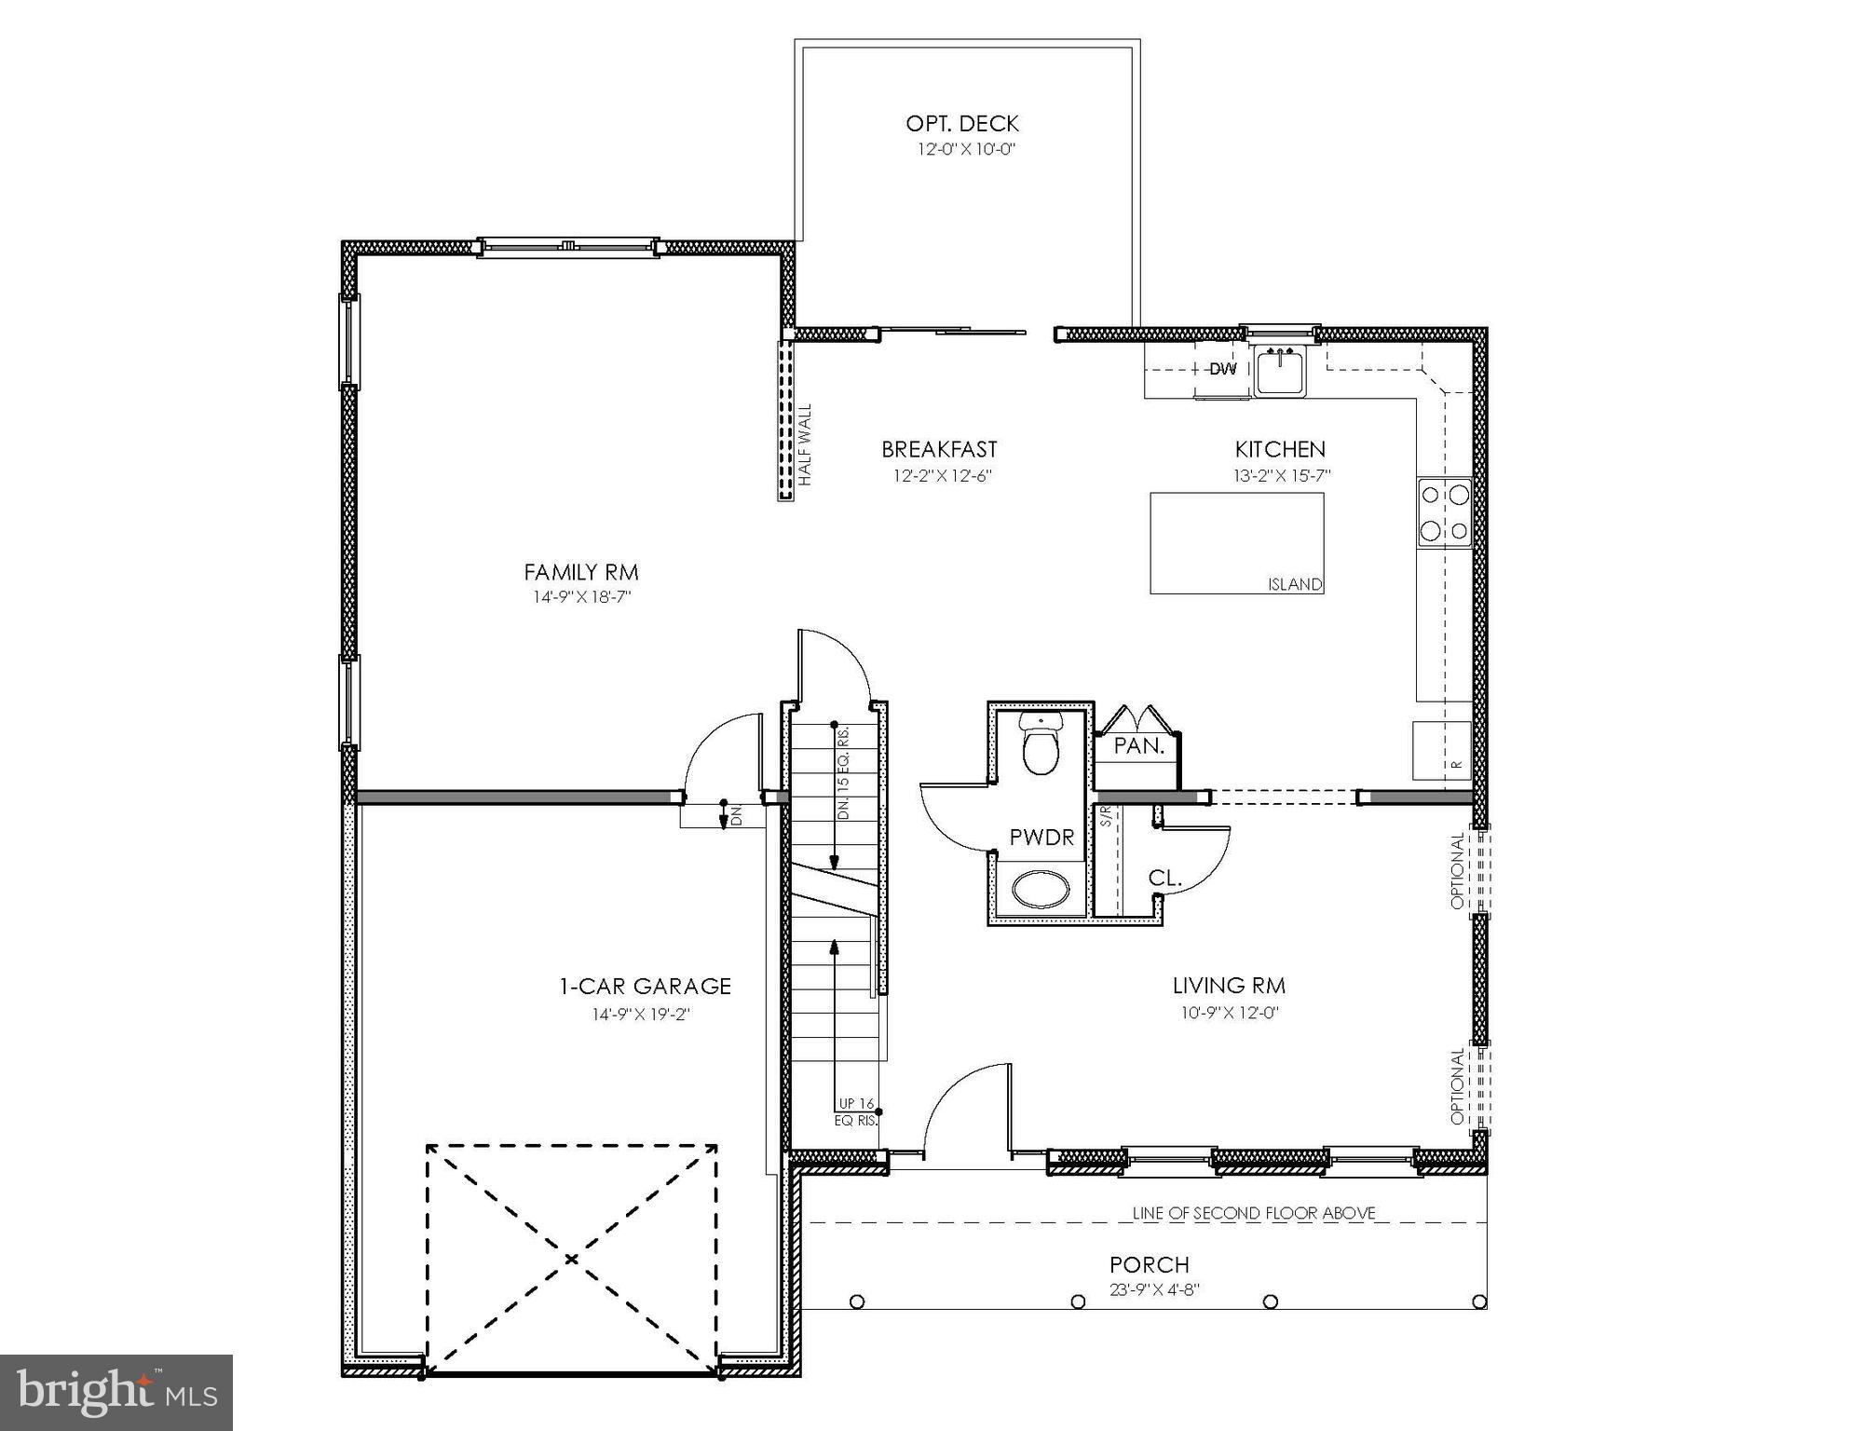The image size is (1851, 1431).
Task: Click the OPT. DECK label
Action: [962, 123]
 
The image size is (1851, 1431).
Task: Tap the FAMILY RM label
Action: [580, 572]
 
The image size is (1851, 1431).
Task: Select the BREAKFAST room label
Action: [939, 450]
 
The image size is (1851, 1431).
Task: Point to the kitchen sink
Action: [1282, 371]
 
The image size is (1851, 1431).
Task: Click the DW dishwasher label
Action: [1222, 369]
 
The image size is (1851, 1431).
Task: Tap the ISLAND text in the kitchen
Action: [1295, 584]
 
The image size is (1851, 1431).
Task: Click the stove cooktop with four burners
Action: [1444, 511]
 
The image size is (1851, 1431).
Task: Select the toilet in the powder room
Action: [1041, 743]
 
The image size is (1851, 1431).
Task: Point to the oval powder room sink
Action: [1041, 889]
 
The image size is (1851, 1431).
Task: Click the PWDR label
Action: [1041, 838]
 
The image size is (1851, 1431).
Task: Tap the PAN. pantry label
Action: [1138, 746]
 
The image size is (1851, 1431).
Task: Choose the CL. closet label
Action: [1164, 878]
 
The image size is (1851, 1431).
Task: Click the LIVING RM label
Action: [1229, 986]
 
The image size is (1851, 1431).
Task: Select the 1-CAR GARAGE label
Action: [645, 986]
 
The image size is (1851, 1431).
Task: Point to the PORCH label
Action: [1150, 1265]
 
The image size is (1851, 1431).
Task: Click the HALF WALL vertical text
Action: [805, 444]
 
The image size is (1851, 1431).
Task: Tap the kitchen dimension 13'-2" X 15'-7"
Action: [1282, 475]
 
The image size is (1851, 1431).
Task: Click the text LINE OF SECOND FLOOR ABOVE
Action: [1254, 1213]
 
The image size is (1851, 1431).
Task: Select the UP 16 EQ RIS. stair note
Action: [856, 1112]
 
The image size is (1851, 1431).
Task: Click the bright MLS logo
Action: [116, 1392]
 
